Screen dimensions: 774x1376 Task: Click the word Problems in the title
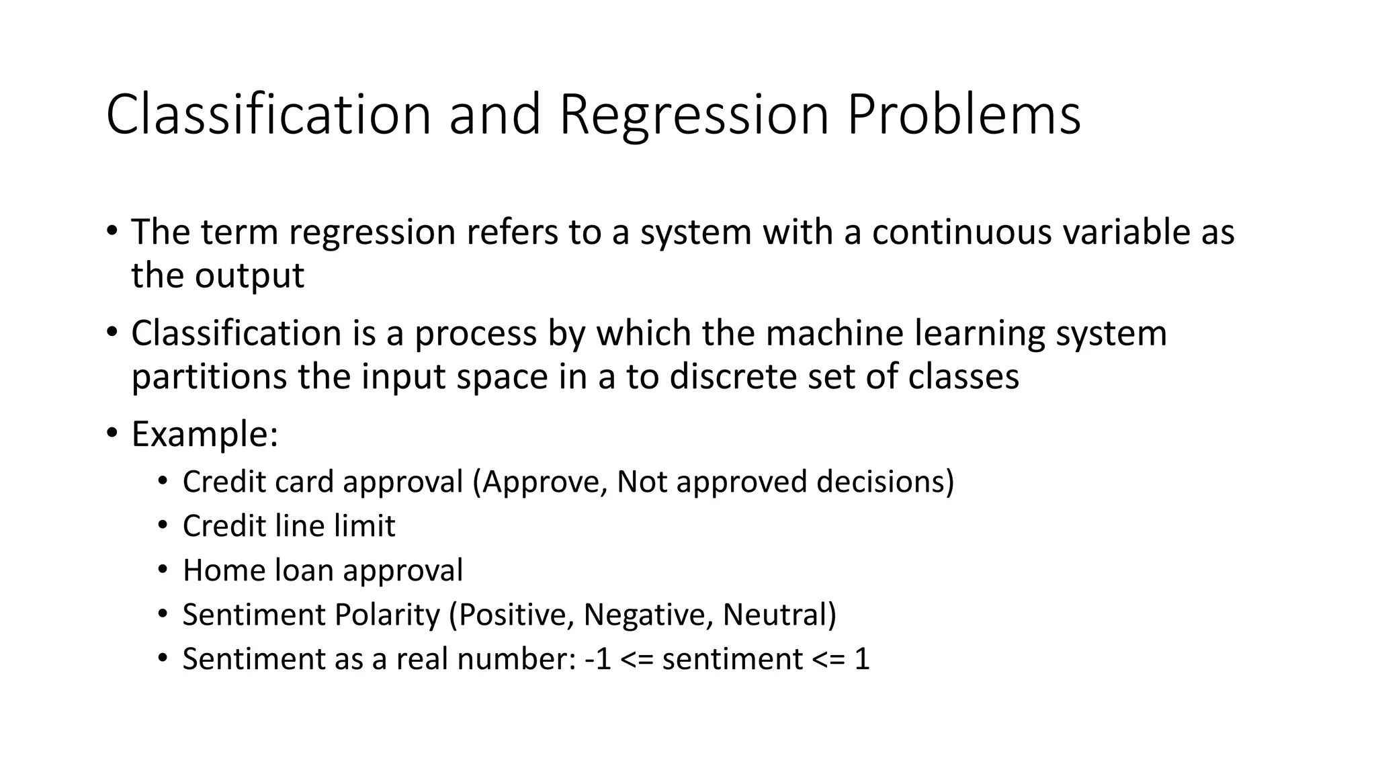963,114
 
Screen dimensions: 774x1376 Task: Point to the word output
249,276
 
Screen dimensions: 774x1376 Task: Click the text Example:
204,435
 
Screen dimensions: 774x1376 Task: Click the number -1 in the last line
598,659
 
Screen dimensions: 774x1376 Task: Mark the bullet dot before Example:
112,432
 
